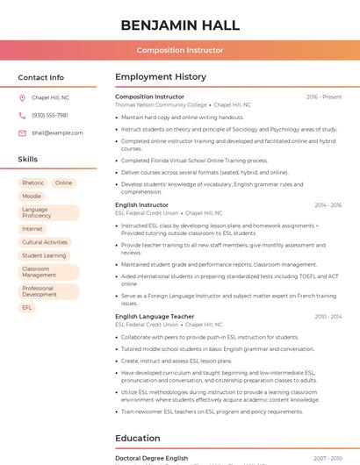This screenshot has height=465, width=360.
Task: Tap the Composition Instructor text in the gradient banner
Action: pos(179,50)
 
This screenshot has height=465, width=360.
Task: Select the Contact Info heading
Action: pos(41,77)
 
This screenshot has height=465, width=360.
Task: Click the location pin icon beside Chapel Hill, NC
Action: pos(22,97)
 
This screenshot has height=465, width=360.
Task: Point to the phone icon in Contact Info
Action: pos(22,115)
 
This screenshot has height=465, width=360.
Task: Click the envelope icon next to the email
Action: pos(22,132)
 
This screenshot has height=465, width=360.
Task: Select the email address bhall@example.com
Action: pos(57,132)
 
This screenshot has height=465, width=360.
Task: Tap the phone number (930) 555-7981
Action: pos(50,115)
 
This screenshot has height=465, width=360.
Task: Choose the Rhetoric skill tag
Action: pos(32,183)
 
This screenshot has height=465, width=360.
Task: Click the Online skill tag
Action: pos(63,183)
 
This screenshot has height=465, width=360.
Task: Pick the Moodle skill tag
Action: pos(32,197)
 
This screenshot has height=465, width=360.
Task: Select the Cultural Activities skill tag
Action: pos(45,242)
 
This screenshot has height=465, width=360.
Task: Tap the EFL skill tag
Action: pos(27,308)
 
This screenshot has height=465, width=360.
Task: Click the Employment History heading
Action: pos(161,77)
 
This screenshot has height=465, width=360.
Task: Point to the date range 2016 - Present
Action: pos(324,97)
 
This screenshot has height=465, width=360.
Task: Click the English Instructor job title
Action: pos(141,205)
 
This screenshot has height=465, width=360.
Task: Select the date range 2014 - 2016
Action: pos(328,205)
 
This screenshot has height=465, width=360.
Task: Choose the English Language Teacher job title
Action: pos(155,316)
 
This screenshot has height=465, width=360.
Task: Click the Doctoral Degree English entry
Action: pos(152,458)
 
